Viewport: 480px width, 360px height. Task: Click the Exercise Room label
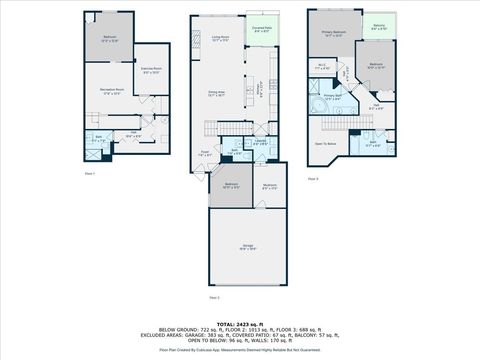point(152,71)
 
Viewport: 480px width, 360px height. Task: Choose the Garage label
point(247,247)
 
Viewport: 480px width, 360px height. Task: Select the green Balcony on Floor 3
point(379,27)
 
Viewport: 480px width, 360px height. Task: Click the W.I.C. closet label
point(322,67)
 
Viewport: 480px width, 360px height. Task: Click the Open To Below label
point(326,143)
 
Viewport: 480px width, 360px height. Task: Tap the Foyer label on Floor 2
point(203,155)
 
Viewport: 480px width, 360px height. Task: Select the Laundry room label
point(259,142)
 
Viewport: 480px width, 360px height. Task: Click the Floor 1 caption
point(89,172)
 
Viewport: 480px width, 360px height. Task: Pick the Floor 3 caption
point(312,179)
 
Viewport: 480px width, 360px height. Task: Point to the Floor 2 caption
point(213,297)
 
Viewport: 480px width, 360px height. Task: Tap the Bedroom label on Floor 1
point(110,39)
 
